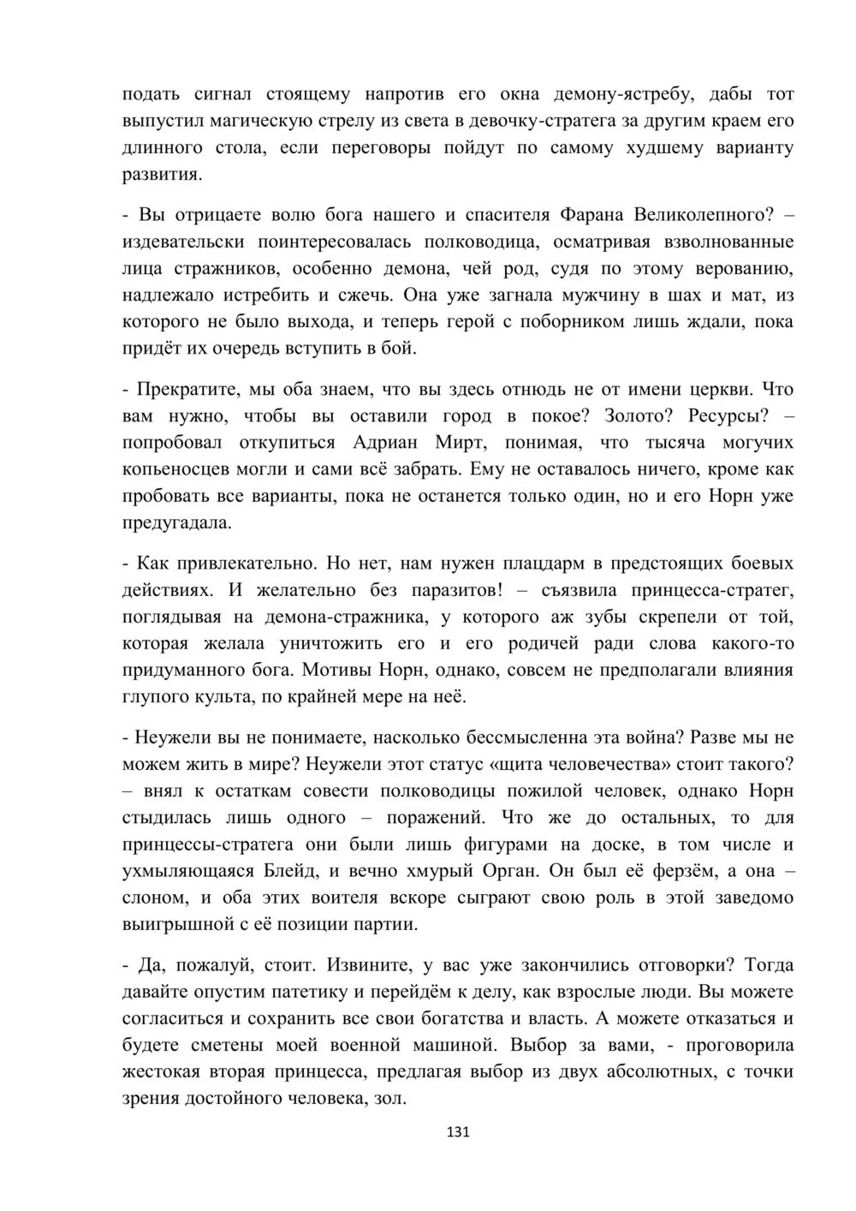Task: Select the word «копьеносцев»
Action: (174, 468)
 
